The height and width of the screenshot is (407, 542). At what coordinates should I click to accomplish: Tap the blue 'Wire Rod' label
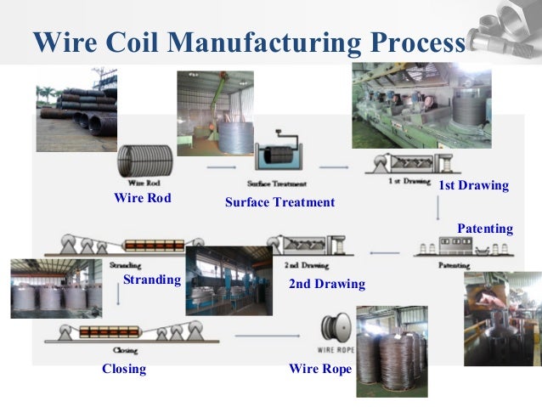click(142, 198)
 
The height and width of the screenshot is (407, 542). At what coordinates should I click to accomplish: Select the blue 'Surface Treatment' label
click(279, 203)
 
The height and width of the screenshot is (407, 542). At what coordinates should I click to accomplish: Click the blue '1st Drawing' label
click(473, 185)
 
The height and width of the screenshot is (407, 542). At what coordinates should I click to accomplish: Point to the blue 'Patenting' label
click(485, 229)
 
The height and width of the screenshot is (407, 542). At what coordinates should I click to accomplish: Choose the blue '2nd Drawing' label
click(326, 284)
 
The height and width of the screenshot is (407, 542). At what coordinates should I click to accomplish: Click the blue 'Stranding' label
click(152, 280)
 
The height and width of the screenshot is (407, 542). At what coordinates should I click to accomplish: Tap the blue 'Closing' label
click(124, 369)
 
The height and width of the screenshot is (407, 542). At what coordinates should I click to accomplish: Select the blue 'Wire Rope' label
click(319, 369)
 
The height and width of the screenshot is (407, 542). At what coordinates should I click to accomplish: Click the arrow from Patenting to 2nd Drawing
click(387, 252)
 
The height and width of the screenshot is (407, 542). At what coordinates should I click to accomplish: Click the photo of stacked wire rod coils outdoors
click(76, 98)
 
